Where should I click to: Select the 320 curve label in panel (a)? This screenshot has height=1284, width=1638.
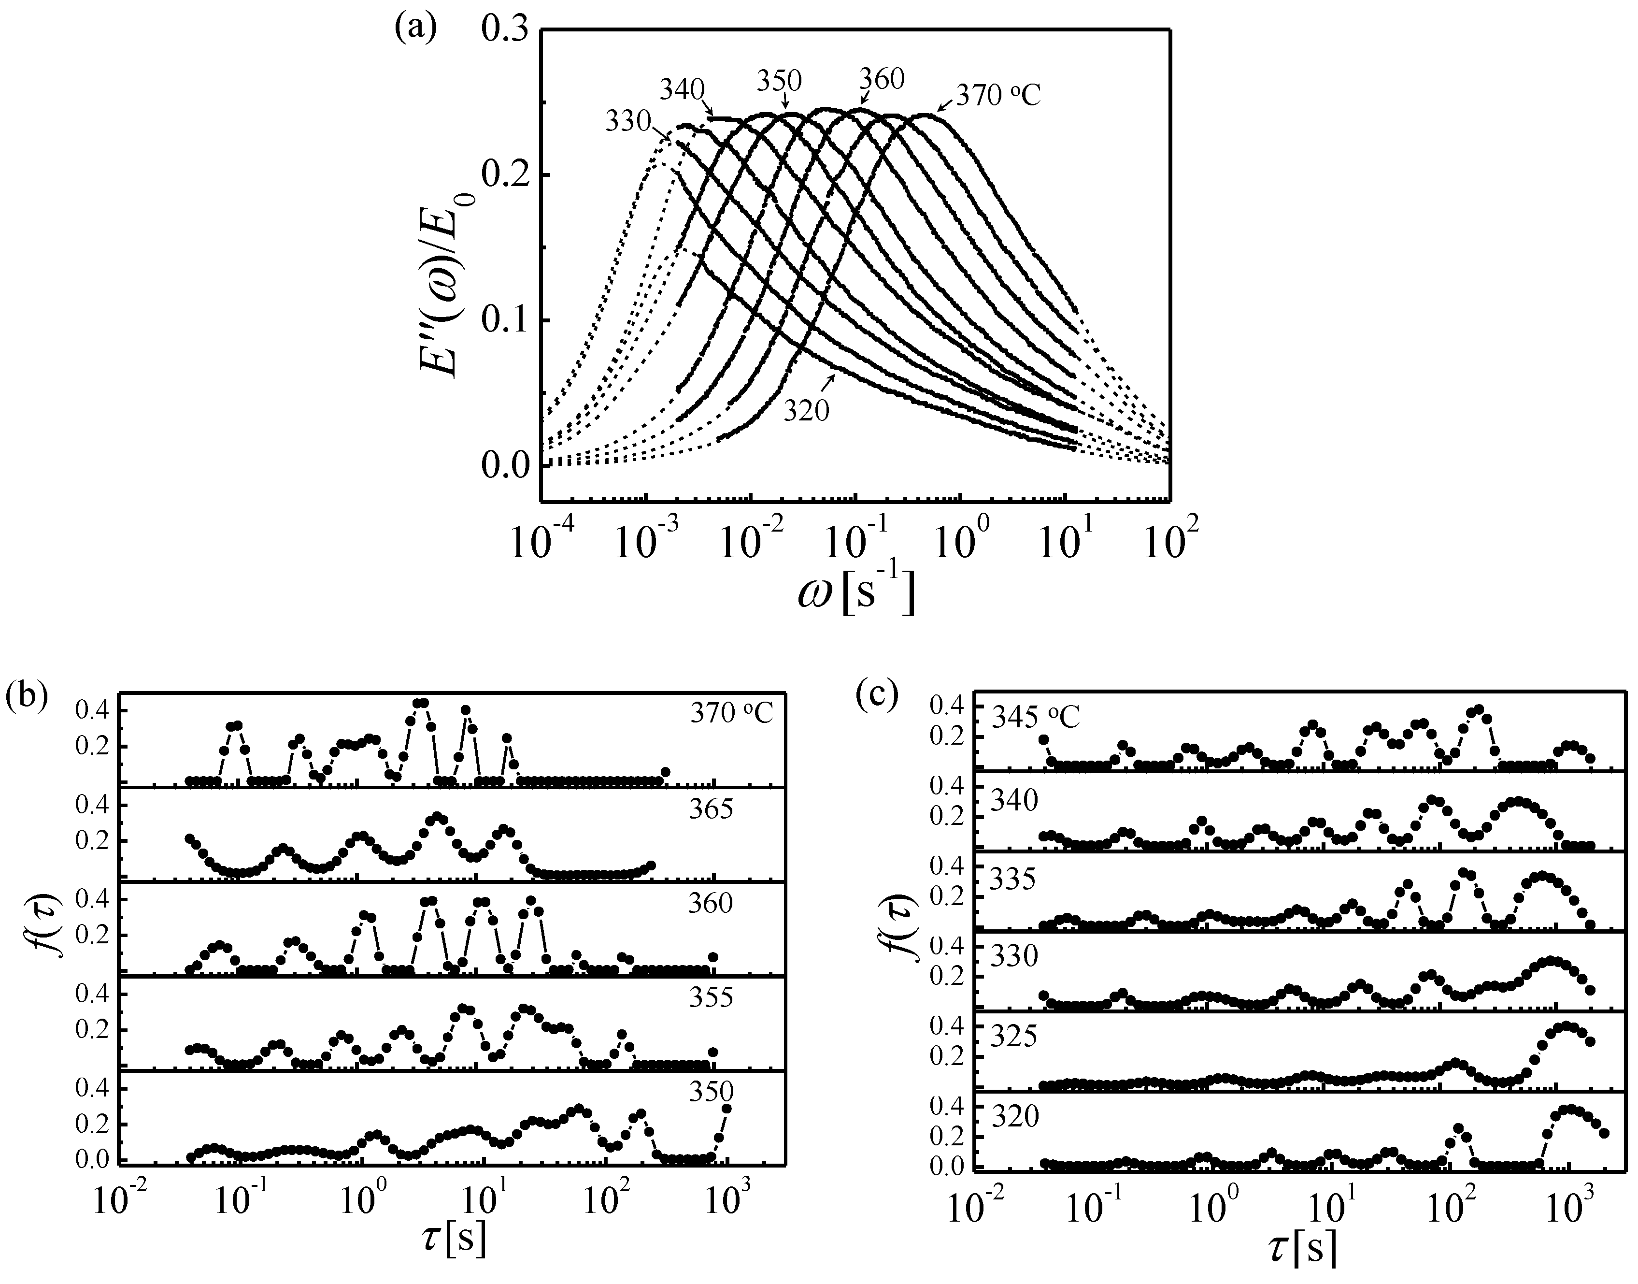[806, 410]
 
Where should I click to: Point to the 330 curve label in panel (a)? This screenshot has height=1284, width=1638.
[628, 121]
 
